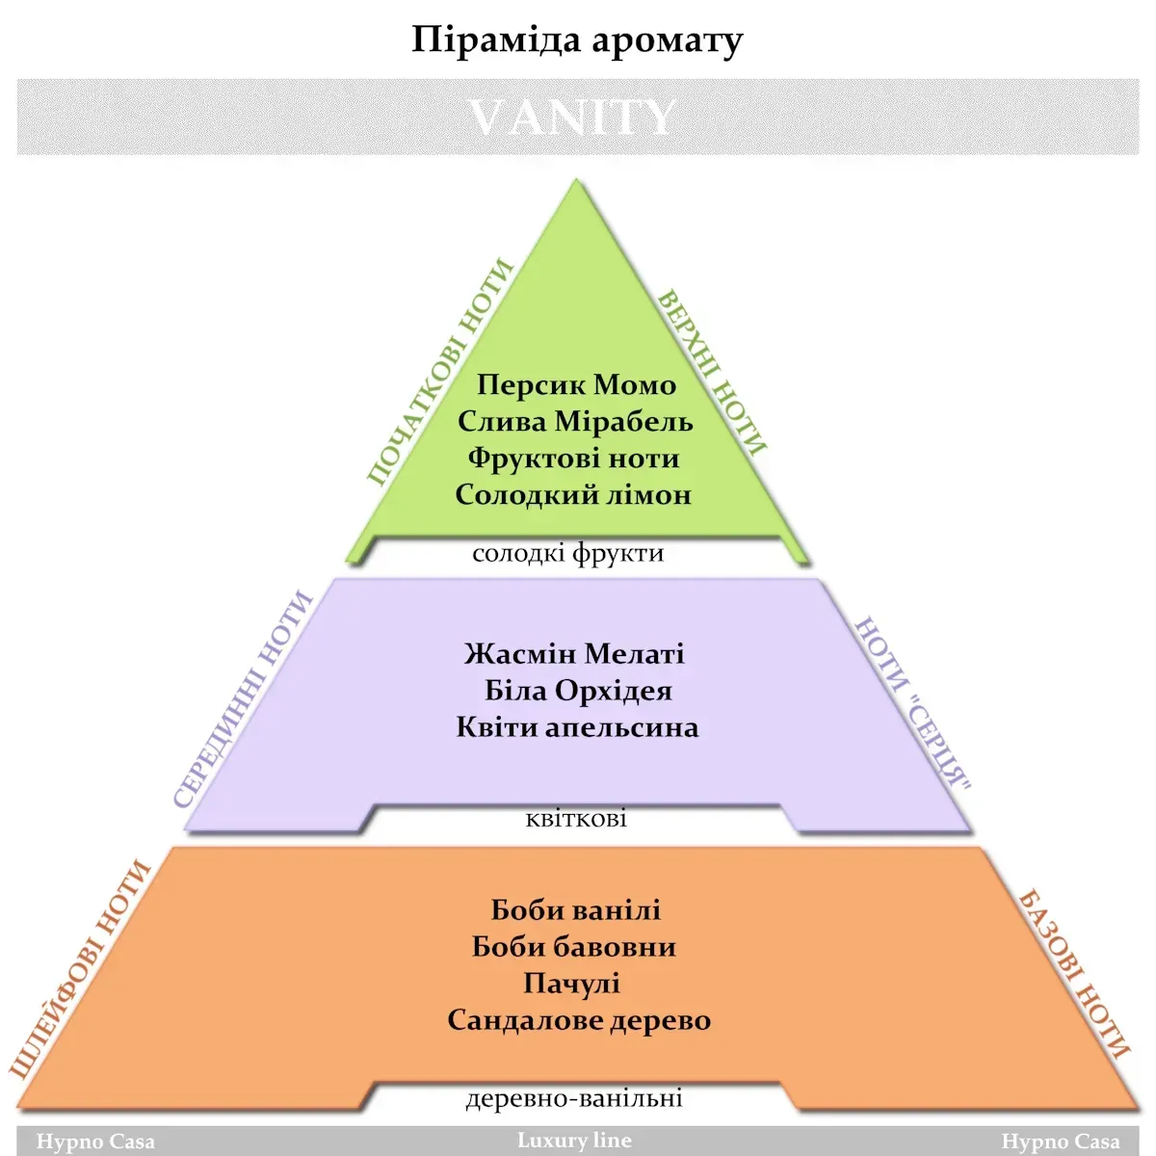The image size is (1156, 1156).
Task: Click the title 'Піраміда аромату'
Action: click(x=577, y=40)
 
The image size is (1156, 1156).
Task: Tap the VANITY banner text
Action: click(x=573, y=118)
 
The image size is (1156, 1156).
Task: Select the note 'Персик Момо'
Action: click(x=576, y=385)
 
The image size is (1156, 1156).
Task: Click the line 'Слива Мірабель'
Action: click(x=575, y=422)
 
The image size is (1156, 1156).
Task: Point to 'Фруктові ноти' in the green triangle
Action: click(x=573, y=459)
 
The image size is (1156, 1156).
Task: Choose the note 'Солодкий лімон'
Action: click(x=573, y=495)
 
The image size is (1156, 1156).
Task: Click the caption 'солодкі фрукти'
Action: click(x=568, y=554)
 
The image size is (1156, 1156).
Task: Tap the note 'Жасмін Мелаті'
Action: click(x=574, y=654)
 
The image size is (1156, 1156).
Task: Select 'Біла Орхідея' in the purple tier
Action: click(x=578, y=691)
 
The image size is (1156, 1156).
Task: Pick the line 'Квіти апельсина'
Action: click(x=578, y=727)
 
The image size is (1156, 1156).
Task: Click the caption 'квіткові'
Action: click(x=576, y=819)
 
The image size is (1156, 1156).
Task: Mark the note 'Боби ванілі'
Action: click(x=576, y=910)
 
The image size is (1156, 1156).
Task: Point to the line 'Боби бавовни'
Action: click(x=574, y=947)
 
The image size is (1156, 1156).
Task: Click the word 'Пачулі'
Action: click(x=571, y=984)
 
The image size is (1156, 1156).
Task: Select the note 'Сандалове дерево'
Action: click(x=580, y=1020)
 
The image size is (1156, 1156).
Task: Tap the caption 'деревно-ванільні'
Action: click(x=574, y=1098)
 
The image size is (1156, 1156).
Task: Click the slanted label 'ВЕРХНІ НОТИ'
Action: click(x=712, y=372)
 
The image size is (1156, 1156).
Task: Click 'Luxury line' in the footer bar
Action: click(x=574, y=1141)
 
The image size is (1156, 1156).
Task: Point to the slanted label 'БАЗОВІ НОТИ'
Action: click(x=1073, y=975)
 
